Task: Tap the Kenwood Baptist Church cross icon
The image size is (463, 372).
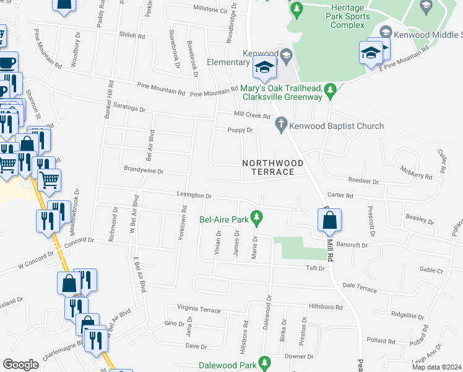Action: pyautogui.click(x=281, y=126)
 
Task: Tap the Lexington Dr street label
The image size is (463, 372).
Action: pyautogui.click(x=194, y=195)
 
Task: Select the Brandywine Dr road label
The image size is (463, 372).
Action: pyautogui.click(x=144, y=170)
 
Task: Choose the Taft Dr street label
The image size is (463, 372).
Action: pyautogui.click(x=315, y=268)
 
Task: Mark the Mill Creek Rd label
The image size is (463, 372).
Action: pyautogui.click(x=253, y=115)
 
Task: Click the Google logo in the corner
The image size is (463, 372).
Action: pyautogui.click(x=20, y=364)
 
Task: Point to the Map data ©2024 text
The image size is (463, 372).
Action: pyautogui.click(x=438, y=367)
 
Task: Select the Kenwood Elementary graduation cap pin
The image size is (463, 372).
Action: pyautogui.click(x=265, y=68)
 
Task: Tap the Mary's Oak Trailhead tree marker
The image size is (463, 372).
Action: pyautogui.click(x=331, y=91)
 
